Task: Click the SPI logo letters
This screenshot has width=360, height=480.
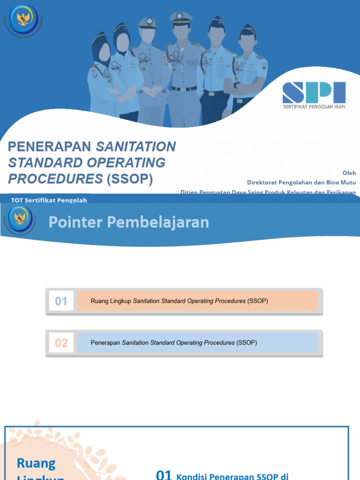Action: tap(314, 92)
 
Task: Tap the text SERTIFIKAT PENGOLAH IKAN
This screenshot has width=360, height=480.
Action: tap(314, 106)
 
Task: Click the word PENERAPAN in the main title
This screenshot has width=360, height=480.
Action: tap(50, 147)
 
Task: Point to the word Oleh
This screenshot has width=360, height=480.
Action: tap(349, 173)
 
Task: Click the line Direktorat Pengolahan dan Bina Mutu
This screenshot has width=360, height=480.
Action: tap(301, 182)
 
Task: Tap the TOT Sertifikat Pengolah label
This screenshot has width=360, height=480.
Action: tap(49, 200)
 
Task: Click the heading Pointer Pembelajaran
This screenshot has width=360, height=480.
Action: tap(129, 222)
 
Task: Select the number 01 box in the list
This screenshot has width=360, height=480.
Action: tap(61, 301)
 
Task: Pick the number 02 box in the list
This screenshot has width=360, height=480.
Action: tap(61, 343)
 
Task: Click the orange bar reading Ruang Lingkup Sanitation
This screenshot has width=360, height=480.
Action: tap(197, 301)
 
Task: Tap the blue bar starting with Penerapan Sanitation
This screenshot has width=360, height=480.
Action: tap(197, 343)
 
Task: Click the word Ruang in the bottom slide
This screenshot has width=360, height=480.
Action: tap(36, 463)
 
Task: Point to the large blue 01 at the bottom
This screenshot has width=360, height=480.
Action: tap(164, 474)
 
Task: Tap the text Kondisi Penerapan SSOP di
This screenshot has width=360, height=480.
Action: tap(232, 477)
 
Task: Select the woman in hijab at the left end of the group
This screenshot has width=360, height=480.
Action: tap(101, 75)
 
